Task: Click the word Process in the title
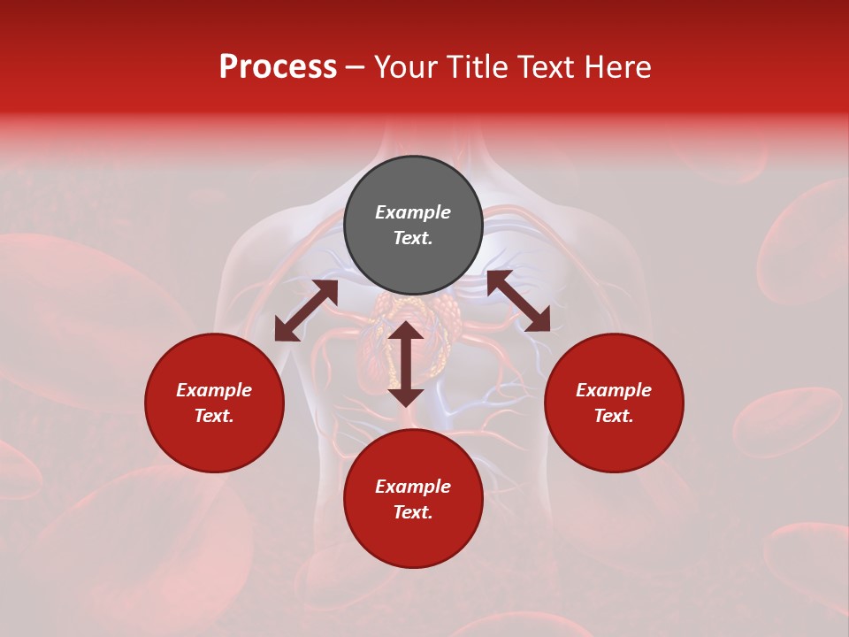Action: click(x=278, y=67)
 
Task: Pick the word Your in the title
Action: click(x=406, y=67)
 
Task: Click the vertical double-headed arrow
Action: click(x=406, y=364)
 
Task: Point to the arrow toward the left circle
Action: click(x=306, y=311)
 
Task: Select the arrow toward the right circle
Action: click(x=518, y=301)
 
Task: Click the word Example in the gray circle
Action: click(x=413, y=212)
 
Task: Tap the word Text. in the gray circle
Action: click(x=413, y=238)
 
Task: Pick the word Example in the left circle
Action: click(x=214, y=390)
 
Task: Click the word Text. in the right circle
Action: click(x=614, y=416)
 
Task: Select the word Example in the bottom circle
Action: click(x=413, y=487)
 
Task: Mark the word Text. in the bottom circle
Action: click(x=413, y=512)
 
